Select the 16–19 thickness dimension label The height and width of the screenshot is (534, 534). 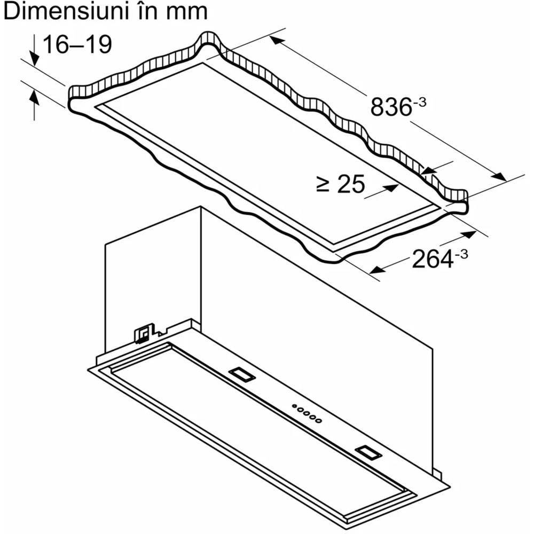77,44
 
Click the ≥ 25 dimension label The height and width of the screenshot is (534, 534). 341,184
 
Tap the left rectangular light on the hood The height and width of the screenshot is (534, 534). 242,375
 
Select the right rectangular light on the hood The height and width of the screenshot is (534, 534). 368,452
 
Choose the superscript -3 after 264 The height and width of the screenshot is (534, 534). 460,254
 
